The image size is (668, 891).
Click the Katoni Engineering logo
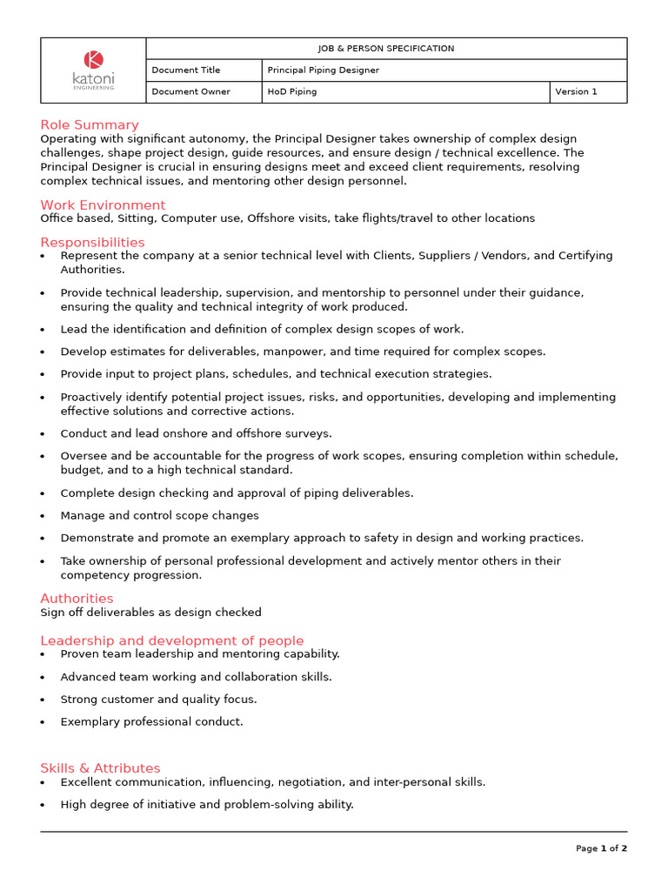point(93,70)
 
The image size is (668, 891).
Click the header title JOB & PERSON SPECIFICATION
point(386,49)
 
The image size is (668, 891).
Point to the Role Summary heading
point(90,124)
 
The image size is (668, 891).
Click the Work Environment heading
point(103,204)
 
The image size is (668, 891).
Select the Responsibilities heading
point(92,242)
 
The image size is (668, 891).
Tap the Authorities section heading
point(77,598)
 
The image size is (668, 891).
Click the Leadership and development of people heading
point(172,640)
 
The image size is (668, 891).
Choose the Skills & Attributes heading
point(100,767)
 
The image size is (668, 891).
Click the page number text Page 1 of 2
point(601,848)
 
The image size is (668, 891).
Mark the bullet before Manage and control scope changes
point(43,516)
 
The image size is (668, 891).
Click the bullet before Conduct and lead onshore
point(43,434)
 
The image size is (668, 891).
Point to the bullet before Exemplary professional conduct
point(43,722)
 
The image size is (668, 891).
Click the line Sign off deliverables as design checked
point(150,613)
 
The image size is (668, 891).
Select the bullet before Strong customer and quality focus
point(43,700)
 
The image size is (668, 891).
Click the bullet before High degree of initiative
point(43,805)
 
